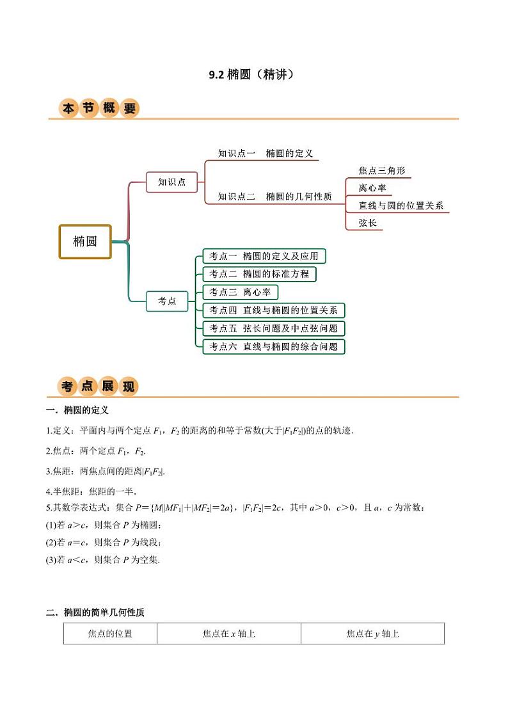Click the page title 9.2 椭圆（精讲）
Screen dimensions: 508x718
tap(253, 75)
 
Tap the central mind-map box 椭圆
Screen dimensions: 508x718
tap(85, 241)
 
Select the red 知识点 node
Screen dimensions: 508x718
tap(172, 182)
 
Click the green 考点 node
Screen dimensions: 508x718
tap(167, 301)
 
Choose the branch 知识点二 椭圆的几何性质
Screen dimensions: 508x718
tap(274, 197)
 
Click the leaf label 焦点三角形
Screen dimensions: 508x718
tap(381, 171)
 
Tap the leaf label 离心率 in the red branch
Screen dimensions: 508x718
tap(372, 188)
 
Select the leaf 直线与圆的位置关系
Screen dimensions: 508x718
tap(401, 206)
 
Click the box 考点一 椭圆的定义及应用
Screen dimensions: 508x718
tap(264, 256)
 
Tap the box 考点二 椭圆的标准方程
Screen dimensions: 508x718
tap(259, 274)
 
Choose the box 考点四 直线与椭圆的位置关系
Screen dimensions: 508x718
tap(274, 310)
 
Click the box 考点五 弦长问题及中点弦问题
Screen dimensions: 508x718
tap(274, 328)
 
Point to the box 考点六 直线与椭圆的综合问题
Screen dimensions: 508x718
tap(274, 346)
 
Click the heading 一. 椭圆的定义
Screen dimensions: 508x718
tap(77, 410)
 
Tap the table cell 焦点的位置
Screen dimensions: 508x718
tap(110, 634)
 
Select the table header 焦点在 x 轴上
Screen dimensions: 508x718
tap(229, 634)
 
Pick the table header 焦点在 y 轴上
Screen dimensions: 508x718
tap(373, 634)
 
